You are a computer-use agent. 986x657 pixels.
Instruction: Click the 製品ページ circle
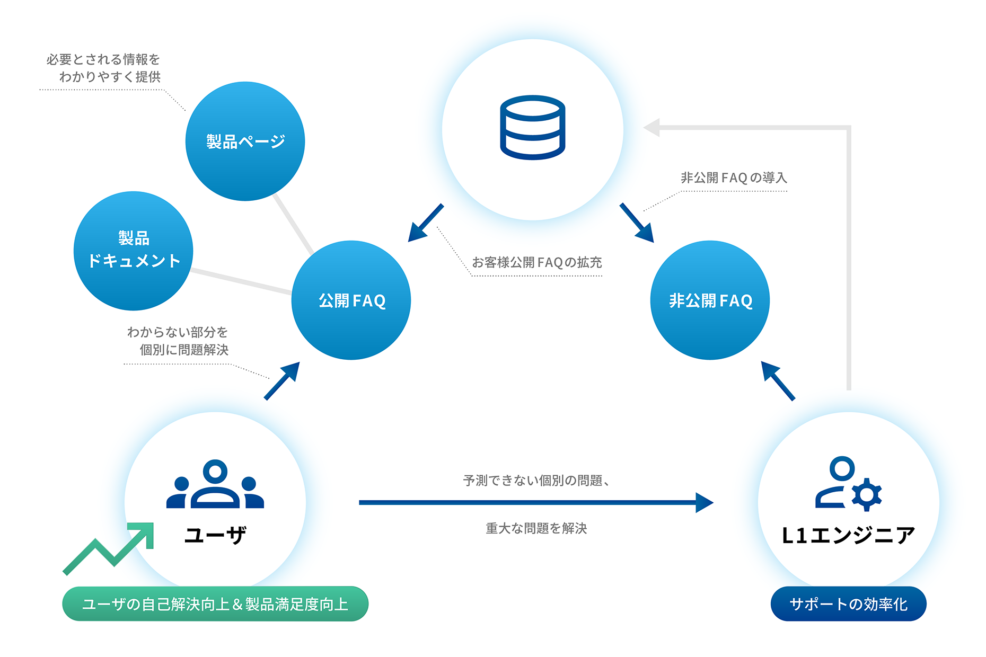tap(245, 141)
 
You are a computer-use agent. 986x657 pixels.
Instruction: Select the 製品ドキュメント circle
tap(134, 251)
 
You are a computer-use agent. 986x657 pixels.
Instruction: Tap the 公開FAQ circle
tap(351, 300)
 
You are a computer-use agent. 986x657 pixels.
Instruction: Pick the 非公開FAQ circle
tap(710, 300)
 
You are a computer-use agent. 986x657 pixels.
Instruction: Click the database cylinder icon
tap(532, 127)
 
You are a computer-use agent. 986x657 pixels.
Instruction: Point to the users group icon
tap(215, 484)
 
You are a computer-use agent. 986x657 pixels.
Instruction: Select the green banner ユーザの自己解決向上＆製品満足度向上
tap(215, 603)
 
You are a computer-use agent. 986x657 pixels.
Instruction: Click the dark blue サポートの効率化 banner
tap(848, 603)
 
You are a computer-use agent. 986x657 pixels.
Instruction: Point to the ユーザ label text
tap(215, 535)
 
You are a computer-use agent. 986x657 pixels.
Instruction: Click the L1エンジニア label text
tap(848, 535)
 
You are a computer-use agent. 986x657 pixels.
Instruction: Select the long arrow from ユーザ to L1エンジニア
tap(535, 502)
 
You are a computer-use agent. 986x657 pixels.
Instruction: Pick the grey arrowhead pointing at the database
tap(652, 128)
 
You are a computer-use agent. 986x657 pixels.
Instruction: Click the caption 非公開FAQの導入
tap(734, 177)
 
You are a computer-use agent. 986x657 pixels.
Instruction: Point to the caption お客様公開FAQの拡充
tap(536, 262)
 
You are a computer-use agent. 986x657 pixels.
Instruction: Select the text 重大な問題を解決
tap(536, 528)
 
